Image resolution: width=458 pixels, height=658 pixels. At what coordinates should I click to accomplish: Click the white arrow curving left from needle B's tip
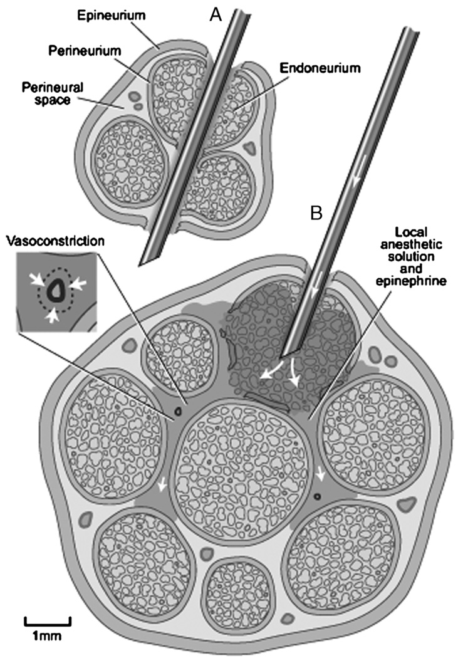[x=268, y=373]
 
